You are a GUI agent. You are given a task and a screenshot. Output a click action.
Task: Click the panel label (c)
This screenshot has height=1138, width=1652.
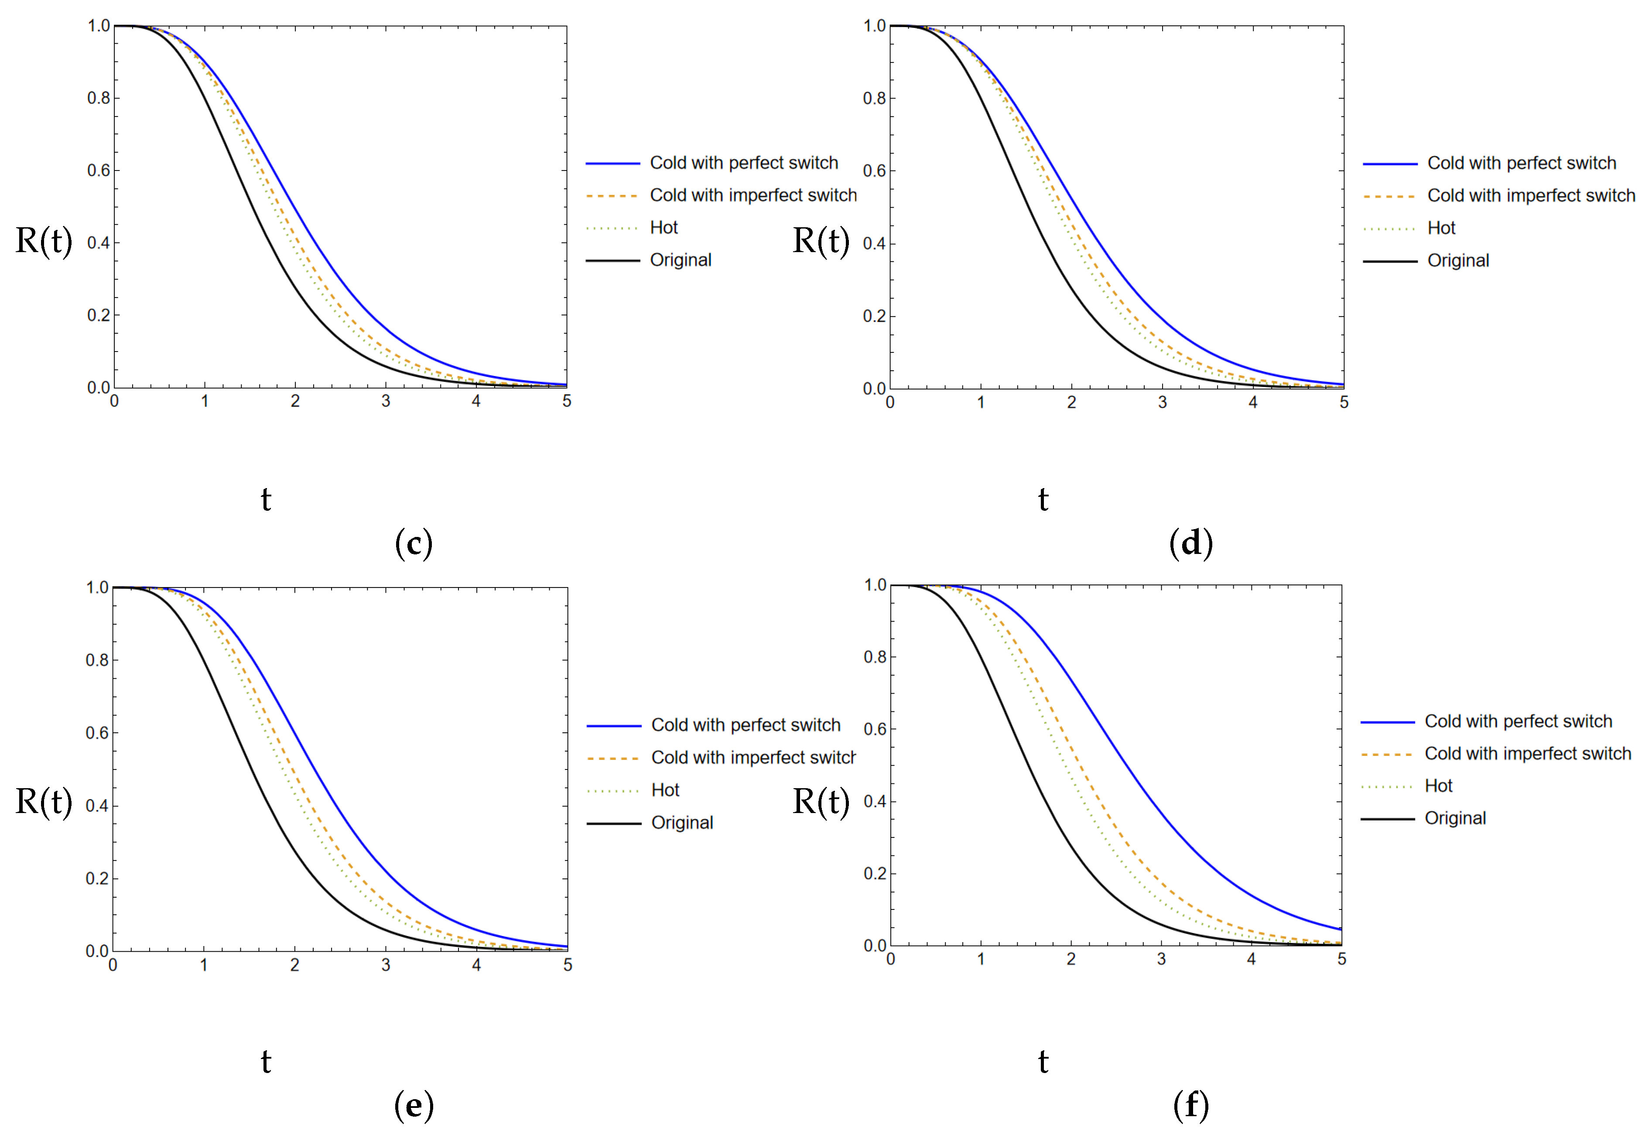[414, 543]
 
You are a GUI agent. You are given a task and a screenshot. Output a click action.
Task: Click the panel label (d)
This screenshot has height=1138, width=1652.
[1191, 543]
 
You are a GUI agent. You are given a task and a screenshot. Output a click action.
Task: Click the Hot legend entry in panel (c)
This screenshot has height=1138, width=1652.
[663, 227]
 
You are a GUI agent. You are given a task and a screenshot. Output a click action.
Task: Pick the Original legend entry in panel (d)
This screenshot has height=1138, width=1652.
[1457, 261]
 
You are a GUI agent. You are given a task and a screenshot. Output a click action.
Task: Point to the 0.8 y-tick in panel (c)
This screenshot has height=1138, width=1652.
[99, 99]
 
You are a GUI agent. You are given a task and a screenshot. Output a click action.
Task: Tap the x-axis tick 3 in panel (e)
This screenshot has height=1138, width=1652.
[386, 965]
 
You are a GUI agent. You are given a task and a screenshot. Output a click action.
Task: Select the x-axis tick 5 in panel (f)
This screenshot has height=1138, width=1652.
[1341, 960]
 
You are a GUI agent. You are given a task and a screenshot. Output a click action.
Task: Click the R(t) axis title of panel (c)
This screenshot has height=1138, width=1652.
[44, 241]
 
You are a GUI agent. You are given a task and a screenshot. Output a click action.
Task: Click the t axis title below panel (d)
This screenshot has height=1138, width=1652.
[1043, 499]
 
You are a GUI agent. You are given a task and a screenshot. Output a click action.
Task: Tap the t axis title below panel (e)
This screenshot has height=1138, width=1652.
[266, 1062]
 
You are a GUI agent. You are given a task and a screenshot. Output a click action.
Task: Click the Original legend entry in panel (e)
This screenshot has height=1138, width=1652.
[682, 823]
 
